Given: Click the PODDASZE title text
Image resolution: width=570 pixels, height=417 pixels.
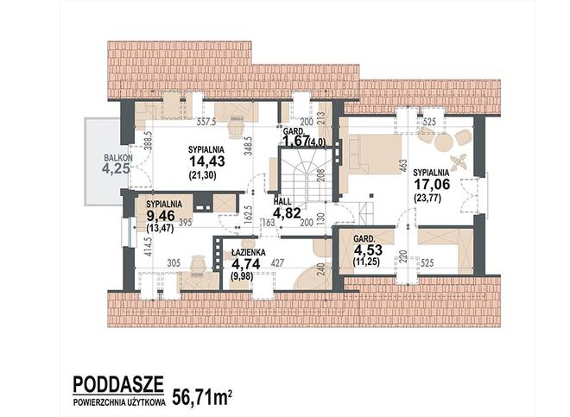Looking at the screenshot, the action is coord(118,383).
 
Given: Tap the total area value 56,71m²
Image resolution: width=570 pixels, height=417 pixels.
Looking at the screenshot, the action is coord(202,397).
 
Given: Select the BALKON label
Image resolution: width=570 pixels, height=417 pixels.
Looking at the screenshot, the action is coord(118,158).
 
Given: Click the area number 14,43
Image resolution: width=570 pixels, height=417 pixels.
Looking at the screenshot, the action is coord(207,161).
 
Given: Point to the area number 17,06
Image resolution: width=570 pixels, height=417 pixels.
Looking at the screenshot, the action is coord(432,184).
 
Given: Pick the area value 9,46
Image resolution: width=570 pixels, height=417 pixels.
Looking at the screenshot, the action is coord(161,217).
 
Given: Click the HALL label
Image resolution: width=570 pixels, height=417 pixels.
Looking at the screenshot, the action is coord(282,201).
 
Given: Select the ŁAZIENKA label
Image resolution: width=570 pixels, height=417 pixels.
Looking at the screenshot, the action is coord(249,252).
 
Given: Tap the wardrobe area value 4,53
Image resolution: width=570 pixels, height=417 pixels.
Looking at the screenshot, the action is coord(368,250).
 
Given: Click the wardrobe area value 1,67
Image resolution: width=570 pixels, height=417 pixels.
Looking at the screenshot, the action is coord(296,141).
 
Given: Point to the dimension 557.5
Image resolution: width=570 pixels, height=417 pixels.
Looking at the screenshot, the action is coord(206,122).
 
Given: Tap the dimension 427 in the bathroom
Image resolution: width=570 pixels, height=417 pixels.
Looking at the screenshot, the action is coord(277,262).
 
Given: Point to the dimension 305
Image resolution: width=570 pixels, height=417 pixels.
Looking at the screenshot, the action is coord(174,262).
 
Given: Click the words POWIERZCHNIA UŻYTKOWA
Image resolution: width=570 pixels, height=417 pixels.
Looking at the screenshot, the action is coord(119,402).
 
